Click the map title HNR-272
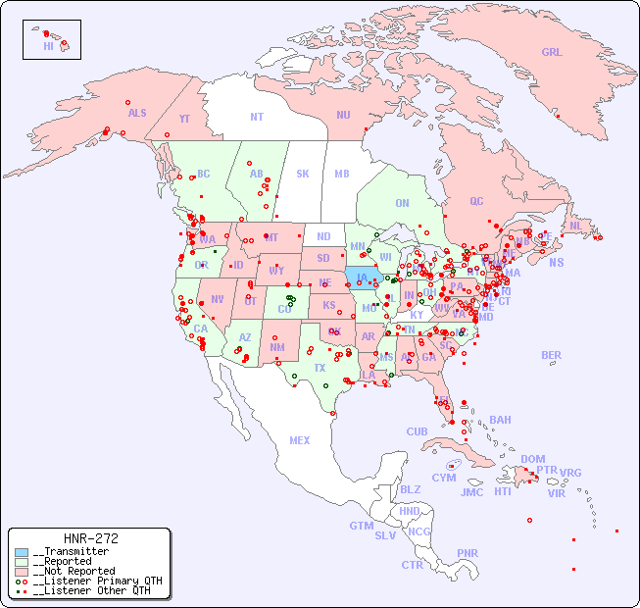click(x=90, y=538)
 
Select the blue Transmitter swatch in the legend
click(x=22, y=552)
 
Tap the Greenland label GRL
click(x=552, y=53)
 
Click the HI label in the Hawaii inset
click(x=48, y=45)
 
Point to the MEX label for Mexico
click(x=300, y=440)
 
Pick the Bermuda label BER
click(x=551, y=355)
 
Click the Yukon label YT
click(x=184, y=119)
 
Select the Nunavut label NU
click(x=343, y=115)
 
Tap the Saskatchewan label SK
click(x=303, y=174)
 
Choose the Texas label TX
click(x=320, y=368)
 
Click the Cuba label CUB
click(x=418, y=431)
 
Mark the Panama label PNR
click(x=468, y=553)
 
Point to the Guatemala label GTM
click(x=361, y=526)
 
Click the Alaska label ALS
click(x=137, y=113)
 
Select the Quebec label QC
click(x=476, y=201)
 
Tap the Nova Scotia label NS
click(x=556, y=262)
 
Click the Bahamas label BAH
click(x=500, y=420)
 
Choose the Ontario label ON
click(x=402, y=203)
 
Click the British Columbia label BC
click(x=203, y=174)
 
